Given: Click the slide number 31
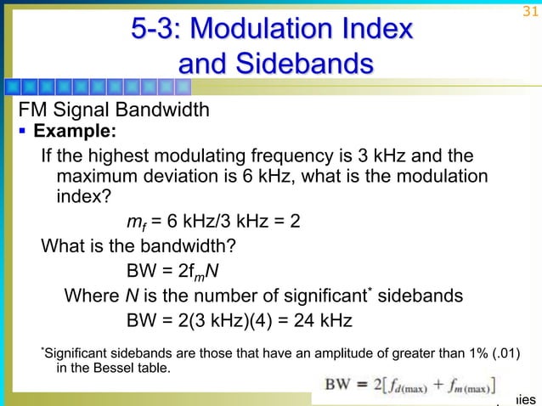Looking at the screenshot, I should click(x=528, y=11).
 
